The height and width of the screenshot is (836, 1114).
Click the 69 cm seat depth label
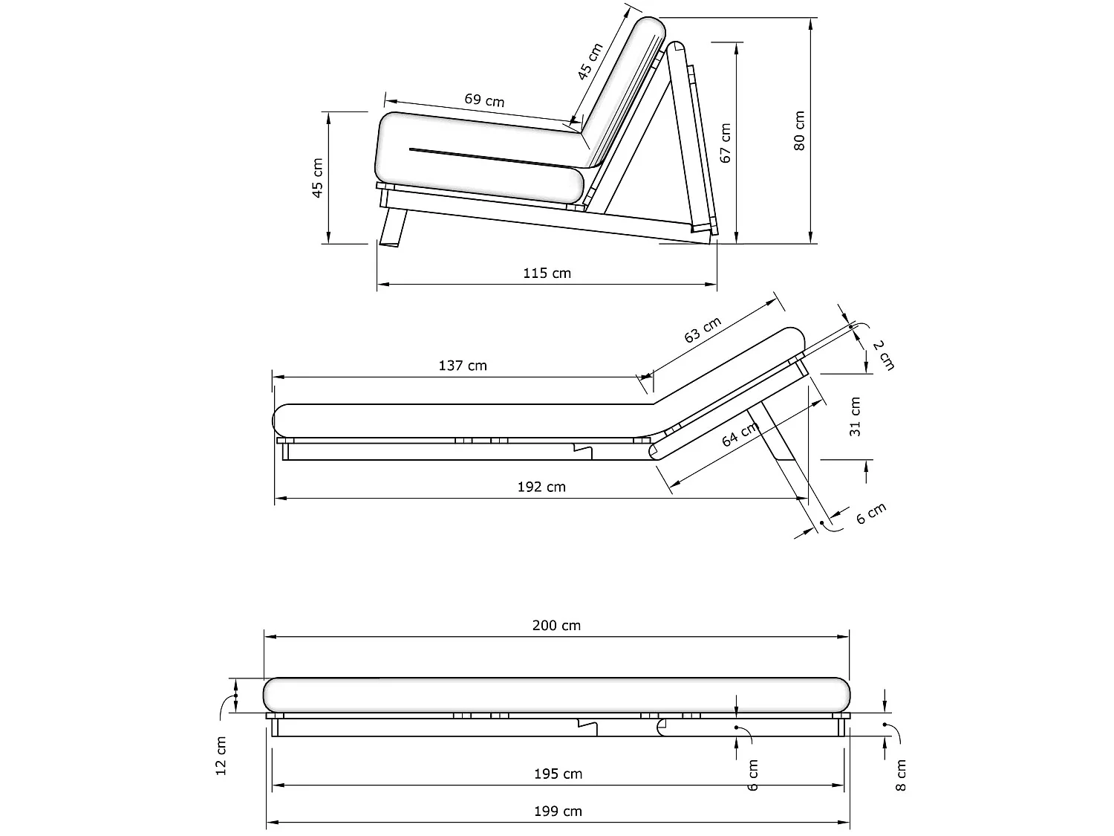click(484, 100)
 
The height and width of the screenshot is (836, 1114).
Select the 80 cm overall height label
click(800, 131)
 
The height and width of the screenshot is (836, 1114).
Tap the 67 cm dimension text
click(726, 143)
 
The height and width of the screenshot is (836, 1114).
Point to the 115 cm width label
click(547, 273)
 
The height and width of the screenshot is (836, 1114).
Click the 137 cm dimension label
click(463, 365)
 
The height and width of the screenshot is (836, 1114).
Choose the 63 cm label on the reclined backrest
click(703, 330)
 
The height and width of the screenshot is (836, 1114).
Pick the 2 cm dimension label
click(884, 354)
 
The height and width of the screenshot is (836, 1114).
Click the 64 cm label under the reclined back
click(740, 434)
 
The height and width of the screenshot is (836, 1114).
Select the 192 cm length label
click(541, 487)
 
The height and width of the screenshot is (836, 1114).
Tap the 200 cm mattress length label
click(556, 625)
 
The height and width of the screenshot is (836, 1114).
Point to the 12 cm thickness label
click(221, 756)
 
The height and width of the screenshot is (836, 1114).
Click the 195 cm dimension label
click(558, 774)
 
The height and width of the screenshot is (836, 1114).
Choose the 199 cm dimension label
click(558, 811)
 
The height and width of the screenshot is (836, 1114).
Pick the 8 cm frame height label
click(902, 774)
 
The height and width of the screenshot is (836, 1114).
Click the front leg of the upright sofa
click(393, 227)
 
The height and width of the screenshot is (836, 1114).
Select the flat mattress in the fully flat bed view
click(556, 694)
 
